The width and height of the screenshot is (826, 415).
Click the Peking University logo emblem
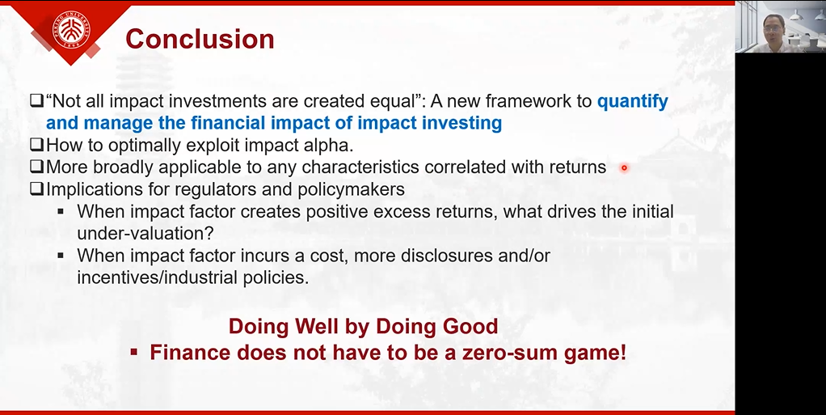click(71, 29)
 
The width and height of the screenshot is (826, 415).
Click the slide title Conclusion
click(200, 39)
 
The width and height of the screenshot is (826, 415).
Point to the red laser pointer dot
click(624, 168)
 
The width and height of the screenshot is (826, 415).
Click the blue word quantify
click(632, 101)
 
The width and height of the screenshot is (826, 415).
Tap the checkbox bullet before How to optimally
click(36, 145)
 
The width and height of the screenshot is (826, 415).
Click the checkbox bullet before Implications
click(36, 188)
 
